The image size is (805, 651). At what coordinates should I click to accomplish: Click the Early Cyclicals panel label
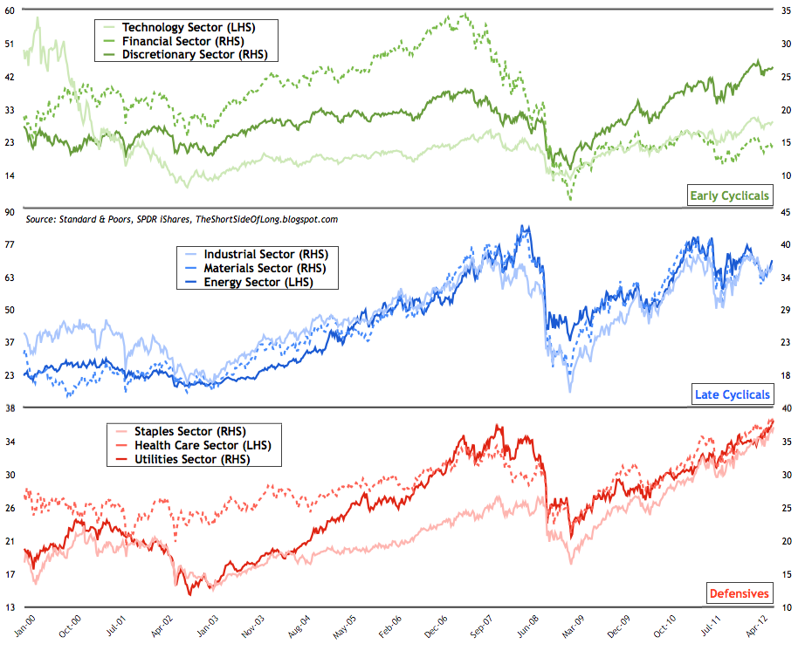click(x=729, y=195)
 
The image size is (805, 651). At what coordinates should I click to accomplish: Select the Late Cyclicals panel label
click(x=733, y=394)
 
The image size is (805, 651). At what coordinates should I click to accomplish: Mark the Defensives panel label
click(x=738, y=593)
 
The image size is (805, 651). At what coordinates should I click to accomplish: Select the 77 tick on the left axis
click(x=11, y=244)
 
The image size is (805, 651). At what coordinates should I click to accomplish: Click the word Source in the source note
click(x=45, y=219)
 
